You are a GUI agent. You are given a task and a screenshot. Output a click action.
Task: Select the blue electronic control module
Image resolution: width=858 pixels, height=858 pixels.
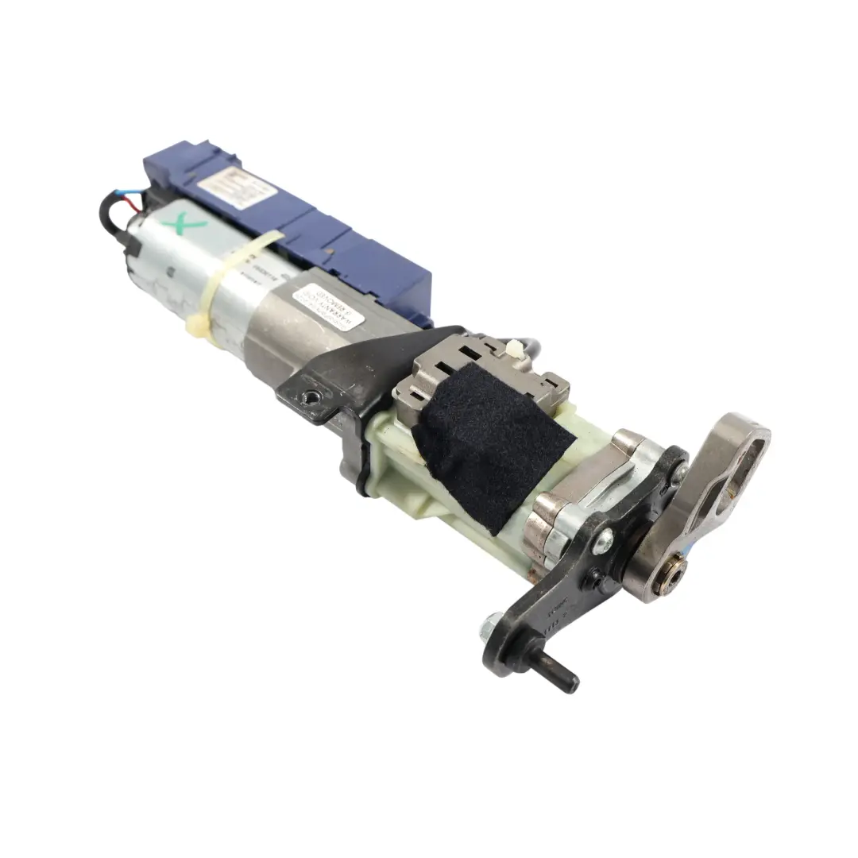point(318,230)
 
